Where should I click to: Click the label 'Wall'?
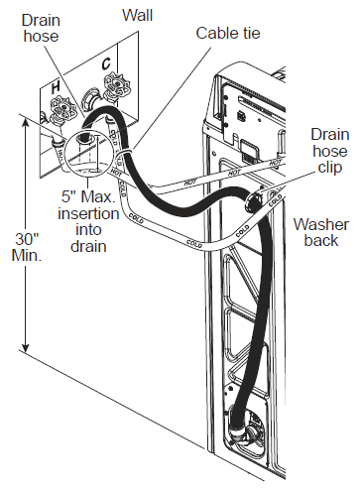tap(138, 15)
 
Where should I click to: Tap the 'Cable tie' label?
tap(228, 33)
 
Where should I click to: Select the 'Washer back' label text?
tap(321, 232)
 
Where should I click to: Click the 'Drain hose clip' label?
tap(330, 151)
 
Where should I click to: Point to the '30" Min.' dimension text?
tap(27, 247)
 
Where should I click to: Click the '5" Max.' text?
tap(88, 196)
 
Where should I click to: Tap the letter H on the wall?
tap(56, 87)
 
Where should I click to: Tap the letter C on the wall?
tap(106, 62)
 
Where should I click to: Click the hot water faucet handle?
tap(61, 108)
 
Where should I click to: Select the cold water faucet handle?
tap(116, 85)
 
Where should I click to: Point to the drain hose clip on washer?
tap(254, 200)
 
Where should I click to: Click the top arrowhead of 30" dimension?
tap(25, 123)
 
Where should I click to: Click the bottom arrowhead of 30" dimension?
tap(25, 348)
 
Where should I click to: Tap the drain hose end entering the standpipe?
tap(84, 137)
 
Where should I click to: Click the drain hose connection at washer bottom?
tap(237, 424)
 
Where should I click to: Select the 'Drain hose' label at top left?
tap(41, 28)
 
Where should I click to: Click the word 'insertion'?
tap(88, 213)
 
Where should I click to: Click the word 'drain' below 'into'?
tap(88, 246)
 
